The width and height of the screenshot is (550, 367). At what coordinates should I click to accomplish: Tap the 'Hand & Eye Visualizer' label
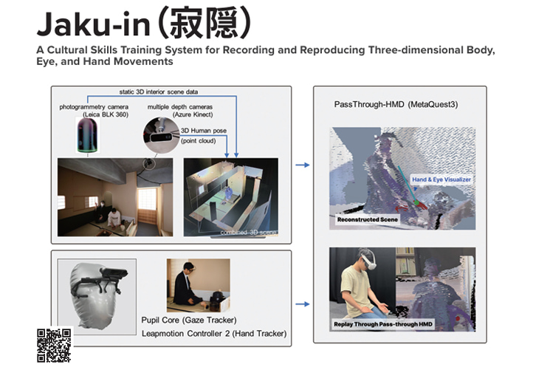click(x=441, y=179)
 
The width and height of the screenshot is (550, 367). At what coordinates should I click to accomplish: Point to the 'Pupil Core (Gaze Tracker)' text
click(x=188, y=320)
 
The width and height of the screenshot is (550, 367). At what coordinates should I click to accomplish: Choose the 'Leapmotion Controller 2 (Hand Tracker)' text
click(x=213, y=334)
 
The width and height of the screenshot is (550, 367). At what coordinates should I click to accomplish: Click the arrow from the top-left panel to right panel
click(x=302, y=166)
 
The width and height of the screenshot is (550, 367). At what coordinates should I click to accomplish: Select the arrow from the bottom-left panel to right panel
click(x=302, y=303)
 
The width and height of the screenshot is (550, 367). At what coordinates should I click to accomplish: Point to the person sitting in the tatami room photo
click(x=113, y=219)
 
